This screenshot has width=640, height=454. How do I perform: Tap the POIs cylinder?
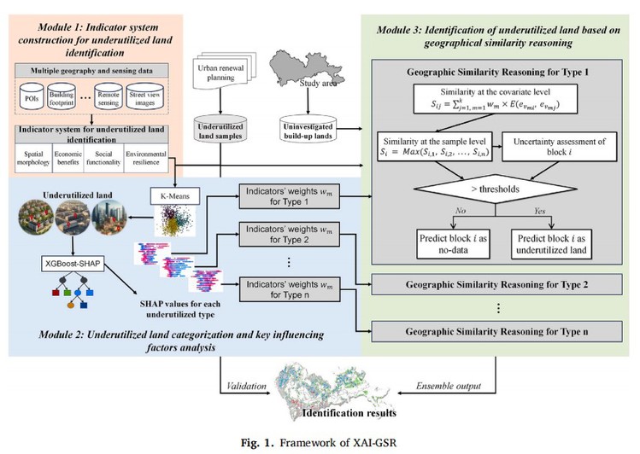click(34, 96)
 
